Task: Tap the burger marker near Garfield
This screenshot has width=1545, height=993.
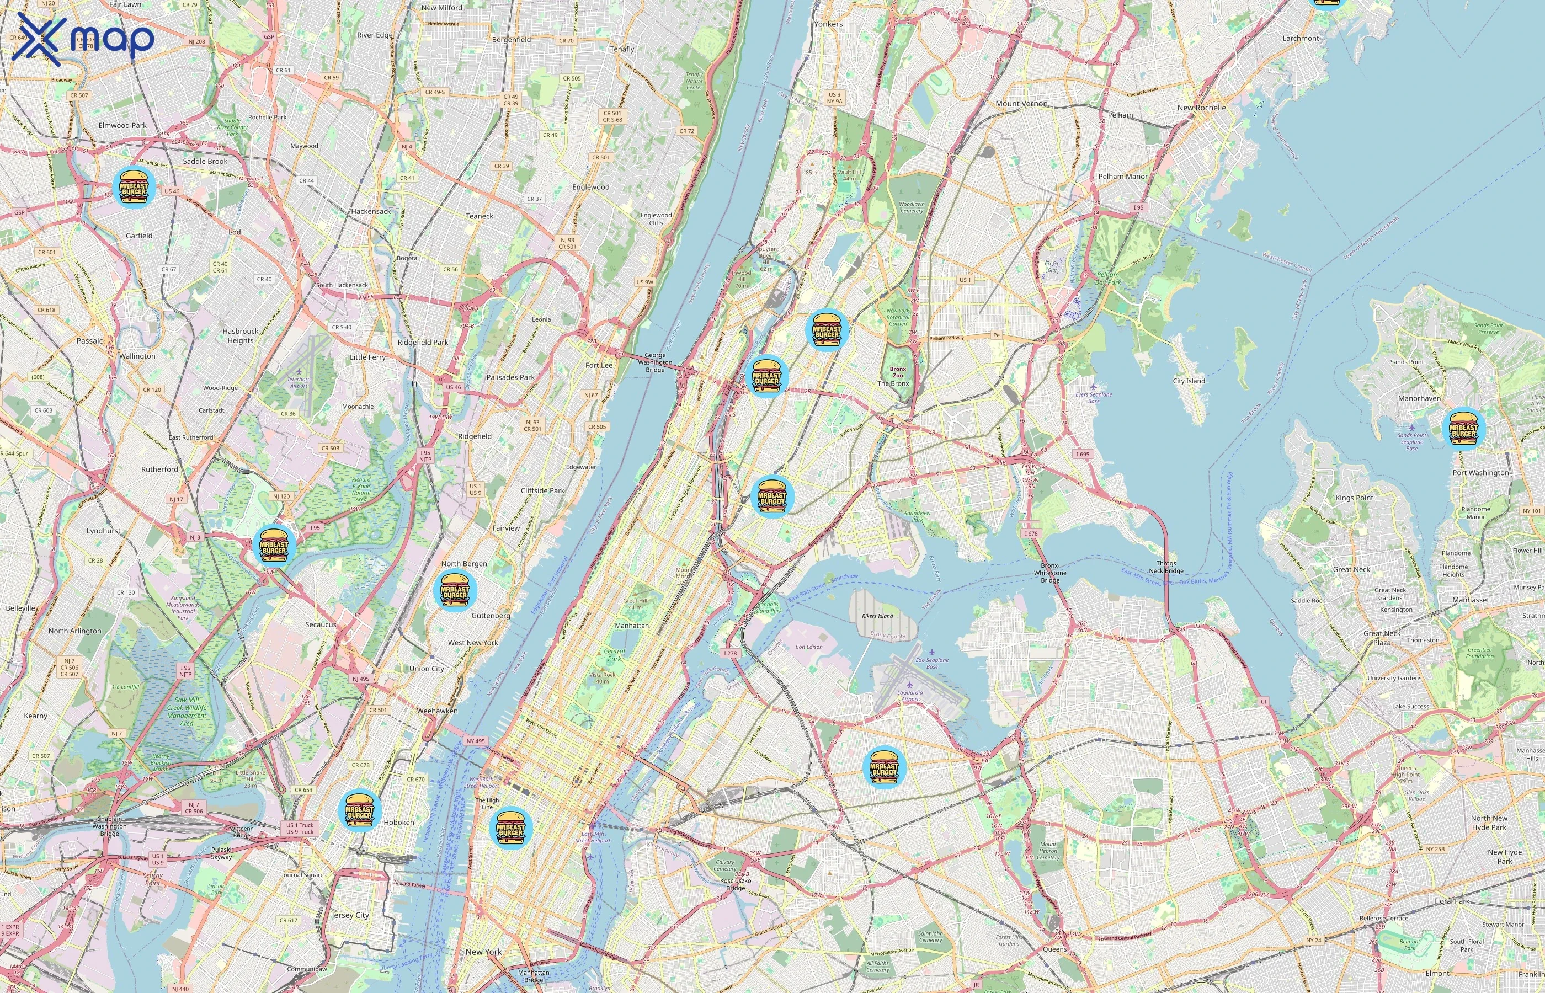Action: (134, 186)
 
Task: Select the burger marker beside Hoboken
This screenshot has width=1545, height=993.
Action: (359, 810)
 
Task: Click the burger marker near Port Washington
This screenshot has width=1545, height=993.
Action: (1463, 429)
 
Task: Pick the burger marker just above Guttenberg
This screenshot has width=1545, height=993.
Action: (455, 589)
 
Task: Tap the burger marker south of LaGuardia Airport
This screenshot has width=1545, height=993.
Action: (884, 767)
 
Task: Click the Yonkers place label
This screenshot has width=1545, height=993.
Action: (828, 24)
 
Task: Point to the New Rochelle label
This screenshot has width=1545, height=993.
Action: (1201, 108)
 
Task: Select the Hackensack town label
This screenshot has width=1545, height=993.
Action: (371, 211)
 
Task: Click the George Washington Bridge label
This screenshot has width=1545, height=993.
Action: (655, 362)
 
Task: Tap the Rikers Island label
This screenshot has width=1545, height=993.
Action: (877, 616)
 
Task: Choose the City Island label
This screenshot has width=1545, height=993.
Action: (1189, 381)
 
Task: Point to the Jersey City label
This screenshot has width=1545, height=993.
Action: (350, 915)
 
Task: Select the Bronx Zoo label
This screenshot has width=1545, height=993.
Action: (898, 372)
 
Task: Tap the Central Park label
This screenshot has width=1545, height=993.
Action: (614, 655)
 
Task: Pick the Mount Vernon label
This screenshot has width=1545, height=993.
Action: (1021, 103)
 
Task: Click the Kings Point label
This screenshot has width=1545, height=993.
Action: (1354, 498)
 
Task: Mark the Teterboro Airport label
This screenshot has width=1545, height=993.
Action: (298, 382)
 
